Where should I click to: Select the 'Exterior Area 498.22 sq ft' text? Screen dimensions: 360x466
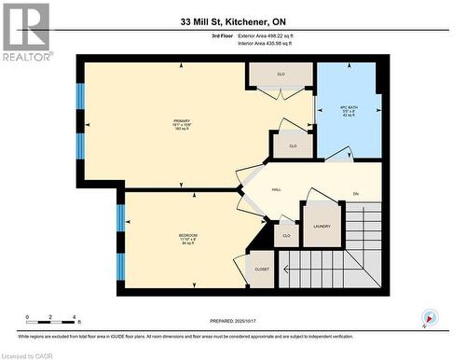click(x=271, y=35)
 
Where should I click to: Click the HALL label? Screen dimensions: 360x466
click(x=277, y=190)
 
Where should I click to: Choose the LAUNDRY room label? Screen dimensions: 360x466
click(x=322, y=227)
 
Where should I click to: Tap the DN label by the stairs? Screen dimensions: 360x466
click(x=355, y=194)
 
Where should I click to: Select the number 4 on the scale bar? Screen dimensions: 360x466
click(x=76, y=318)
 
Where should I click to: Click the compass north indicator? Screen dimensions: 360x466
click(x=428, y=317)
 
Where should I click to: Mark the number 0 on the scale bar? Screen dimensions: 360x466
click(x=27, y=318)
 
